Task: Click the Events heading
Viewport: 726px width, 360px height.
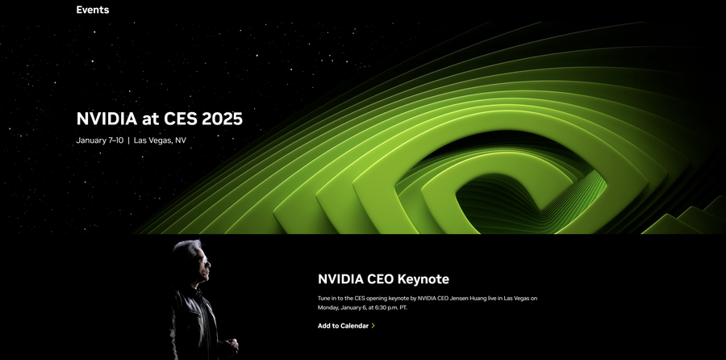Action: (93, 10)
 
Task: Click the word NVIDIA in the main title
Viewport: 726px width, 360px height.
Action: (107, 119)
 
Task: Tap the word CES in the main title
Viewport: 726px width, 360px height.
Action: (181, 119)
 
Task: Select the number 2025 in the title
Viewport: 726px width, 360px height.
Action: (223, 119)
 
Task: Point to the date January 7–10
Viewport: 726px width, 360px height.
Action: (100, 140)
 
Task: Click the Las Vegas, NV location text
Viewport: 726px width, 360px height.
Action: (160, 140)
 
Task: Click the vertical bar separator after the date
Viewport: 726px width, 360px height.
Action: (129, 140)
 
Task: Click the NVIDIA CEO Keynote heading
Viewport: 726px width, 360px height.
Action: (383, 279)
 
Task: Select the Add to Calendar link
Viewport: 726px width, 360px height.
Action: (343, 326)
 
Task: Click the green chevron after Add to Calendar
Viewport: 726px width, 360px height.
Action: (373, 326)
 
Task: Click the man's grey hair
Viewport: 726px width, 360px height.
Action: (187, 248)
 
